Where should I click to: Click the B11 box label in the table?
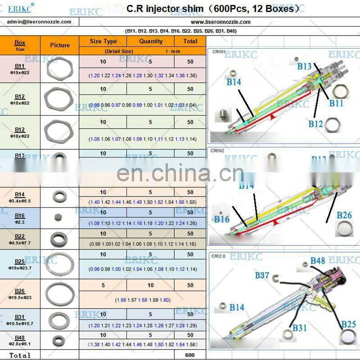point(20,66)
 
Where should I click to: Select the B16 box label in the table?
point(20,216)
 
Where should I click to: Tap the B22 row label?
point(20,236)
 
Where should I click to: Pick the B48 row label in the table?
point(20,337)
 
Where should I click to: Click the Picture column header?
point(60,45)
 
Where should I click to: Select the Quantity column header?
point(151,41)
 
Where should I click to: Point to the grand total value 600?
point(190,355)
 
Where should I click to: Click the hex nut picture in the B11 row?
point(60,69)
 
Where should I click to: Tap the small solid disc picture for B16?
point(59,217)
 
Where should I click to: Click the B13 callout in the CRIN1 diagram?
point(304,66)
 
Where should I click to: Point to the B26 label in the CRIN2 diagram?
point(344,215)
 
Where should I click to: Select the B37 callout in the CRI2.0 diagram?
point(262,275)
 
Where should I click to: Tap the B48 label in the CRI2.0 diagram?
point(317,261)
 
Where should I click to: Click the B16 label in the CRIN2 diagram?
point(222,219)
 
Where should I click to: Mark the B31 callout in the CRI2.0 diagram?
point(300,328)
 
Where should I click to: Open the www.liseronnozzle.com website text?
point(220,22)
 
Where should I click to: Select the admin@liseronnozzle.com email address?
point(39,22)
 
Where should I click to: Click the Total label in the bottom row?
point(20,355)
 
